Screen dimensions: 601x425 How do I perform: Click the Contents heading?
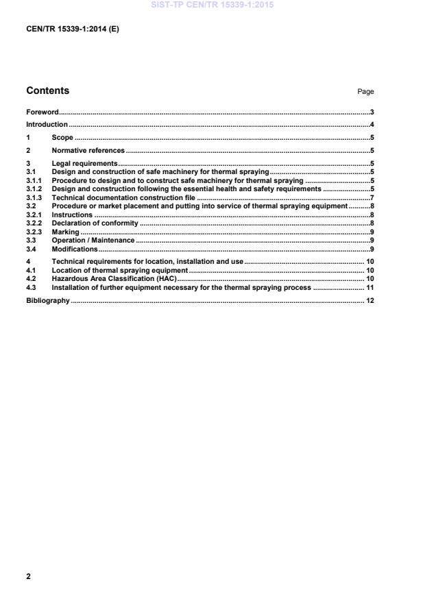tap(47, 90)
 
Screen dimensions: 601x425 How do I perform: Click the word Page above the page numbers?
tap(365, 92)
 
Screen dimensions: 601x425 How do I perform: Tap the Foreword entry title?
tap(42, 112)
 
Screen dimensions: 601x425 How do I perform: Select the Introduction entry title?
tap(47, 125)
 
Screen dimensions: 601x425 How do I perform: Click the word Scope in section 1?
tap(62, 137)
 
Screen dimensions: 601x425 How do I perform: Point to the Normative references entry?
tap(88, 150)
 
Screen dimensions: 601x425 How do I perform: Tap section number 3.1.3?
tap(35, 197)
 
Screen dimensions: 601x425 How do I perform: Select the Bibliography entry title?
tap(48, 301)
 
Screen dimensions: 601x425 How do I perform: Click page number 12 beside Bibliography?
tap(369, 301)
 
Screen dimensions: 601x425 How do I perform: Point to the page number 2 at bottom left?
tap(28, 576)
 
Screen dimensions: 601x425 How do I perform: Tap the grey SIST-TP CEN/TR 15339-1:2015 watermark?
tap(212, 5)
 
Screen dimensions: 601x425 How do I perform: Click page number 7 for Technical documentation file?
tap(372, 197)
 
